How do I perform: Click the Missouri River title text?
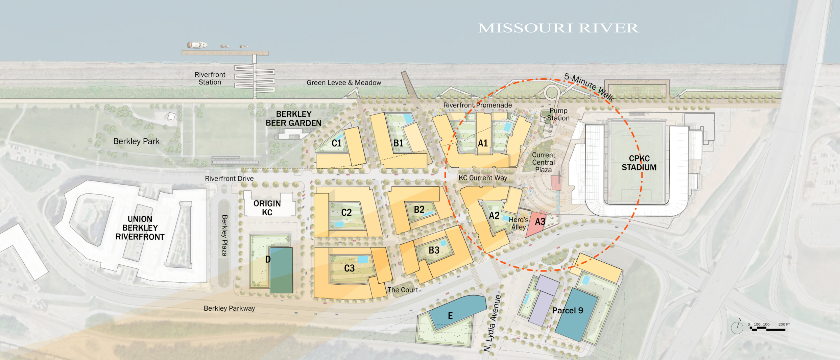[558, 28]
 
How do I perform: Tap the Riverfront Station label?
[210, 78]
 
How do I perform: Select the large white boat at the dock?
[197, 45]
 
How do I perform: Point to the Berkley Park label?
[136, 141]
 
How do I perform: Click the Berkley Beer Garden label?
[293, 119]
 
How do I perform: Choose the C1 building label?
[336, 143]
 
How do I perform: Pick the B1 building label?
[399, 143]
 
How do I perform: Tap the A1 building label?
[483, 143]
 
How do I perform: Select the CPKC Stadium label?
[639, 163]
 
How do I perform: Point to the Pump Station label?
[558, 114]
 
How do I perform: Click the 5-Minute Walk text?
[589, 87]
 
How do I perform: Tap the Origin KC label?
[267, 208]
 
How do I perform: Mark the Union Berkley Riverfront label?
[140, 228]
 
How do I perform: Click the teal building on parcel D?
[281, 270]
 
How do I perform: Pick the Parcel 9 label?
[568, 311]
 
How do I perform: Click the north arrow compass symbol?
[737, 328]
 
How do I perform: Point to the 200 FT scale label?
[784, 325]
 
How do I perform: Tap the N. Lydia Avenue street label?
[492, 323]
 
